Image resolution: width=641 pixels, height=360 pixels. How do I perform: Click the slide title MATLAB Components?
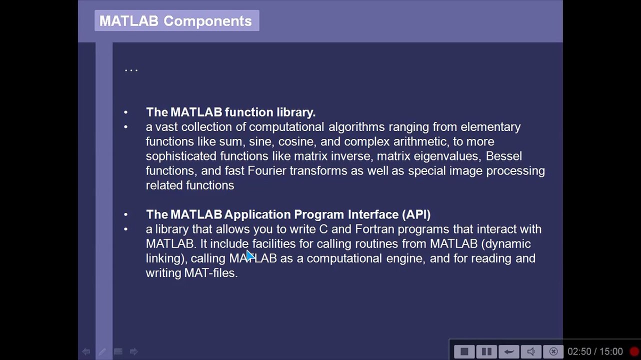coord(175,21)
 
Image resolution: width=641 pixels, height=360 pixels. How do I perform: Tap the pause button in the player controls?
coord(486,351)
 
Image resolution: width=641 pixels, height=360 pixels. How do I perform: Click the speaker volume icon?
coord(531,351)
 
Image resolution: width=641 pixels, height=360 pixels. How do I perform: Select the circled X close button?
coord(553,351)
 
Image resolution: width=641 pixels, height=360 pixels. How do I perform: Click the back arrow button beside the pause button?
coord(508,351)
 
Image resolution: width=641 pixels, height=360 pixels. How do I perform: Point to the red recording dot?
coord(634,351)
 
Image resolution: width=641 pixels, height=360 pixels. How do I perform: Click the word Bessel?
coord(503,156)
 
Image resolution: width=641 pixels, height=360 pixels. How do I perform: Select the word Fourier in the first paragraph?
coord(267,170)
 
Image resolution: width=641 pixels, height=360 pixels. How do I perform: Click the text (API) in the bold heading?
coord(416,214)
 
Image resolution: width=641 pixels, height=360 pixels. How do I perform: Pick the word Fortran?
coord(374,229)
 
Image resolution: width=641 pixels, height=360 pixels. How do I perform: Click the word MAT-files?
coord(210,273)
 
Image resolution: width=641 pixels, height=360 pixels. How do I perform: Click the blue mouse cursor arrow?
coord(250,256)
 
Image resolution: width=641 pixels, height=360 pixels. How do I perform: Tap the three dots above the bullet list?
coord(131,70)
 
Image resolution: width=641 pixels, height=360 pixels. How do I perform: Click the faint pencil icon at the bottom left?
coord(102,351)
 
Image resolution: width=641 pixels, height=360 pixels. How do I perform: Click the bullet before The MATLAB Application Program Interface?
coord(126,214)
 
